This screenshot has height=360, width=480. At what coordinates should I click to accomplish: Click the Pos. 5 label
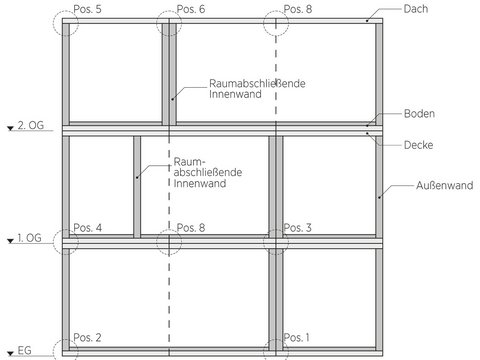click(87, 9)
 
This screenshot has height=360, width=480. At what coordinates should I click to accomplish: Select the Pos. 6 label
click(191, 9)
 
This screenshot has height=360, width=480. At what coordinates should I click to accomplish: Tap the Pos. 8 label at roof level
click(298, 9)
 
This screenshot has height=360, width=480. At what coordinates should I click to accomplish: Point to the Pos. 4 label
click(87, 228)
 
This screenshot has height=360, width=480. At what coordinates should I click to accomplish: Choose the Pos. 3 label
click(297, 228)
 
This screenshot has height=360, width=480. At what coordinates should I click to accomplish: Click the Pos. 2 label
click(87, 337)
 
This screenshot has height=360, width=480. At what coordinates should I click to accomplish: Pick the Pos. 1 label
click(296, 337)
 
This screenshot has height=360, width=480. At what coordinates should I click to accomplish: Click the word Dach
click(416, 9)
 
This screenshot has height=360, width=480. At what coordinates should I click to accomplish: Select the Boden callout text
click(419, 113)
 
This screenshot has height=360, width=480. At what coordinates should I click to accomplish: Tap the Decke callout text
click(418, 145)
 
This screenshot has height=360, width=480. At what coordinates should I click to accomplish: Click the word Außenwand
click(444, 185)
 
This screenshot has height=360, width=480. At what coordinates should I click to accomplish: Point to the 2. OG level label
click(31, 125)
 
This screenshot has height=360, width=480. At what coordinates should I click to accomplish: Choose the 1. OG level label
click(29, 238)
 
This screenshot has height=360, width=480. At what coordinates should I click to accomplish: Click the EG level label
click(24, 350)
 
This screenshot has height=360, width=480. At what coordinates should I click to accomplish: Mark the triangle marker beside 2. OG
click(11, 128)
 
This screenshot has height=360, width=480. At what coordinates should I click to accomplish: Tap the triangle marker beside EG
click(11, 353)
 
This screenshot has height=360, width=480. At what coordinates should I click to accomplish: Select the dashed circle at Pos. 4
click(53, 242)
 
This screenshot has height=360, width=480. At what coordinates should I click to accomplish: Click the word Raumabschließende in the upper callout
click(257, 83)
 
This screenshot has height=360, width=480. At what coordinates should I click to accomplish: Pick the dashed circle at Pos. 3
click(263, 242)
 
